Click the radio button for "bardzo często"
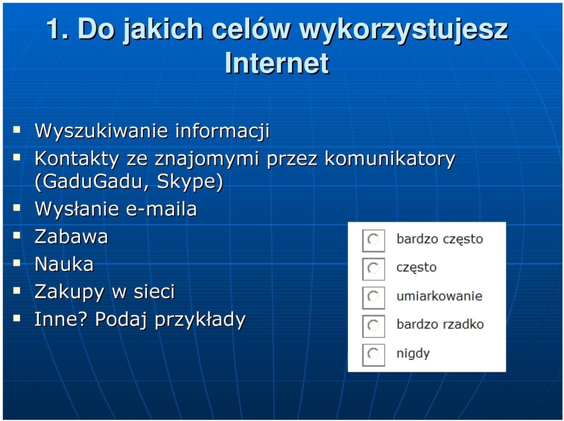(374, 240)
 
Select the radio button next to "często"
(374, 269)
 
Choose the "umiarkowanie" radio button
(374, 298)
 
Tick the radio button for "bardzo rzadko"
(374, 326)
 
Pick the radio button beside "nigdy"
(374, 355)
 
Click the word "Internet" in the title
(277, 63)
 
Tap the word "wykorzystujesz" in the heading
(403, 30)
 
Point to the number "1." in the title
(57, 28)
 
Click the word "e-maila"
(162, 209)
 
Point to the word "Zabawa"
(71, 236)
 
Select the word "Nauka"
(64, 264)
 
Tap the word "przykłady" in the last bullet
(200, 320)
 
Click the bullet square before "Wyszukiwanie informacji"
(16, 130)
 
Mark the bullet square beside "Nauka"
(16, 263)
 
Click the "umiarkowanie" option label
(439, 296)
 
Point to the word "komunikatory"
(390, 159)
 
